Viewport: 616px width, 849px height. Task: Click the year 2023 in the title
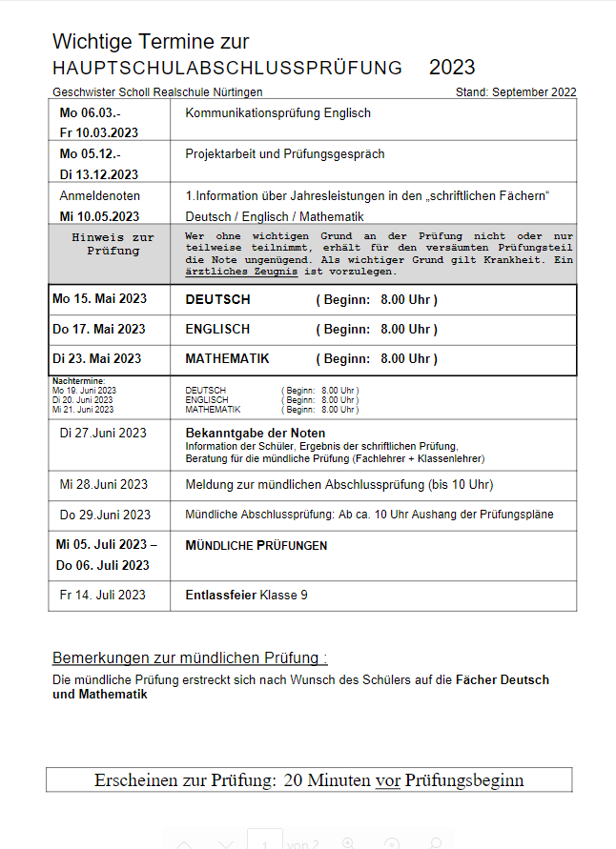pyautogui.click(x=452, y=68)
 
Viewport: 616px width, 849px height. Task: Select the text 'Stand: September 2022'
pyautogui.click(x=516, y=92)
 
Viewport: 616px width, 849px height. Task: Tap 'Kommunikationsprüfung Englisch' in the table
pyautogui.click(x=277, y=113)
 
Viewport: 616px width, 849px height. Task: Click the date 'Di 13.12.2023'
pyautogui.click(x=99, y=174)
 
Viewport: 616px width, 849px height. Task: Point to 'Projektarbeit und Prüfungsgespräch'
pyautogui.click(x=285, y=154)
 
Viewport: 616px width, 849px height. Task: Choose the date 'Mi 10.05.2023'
pyautogui.click(x=99, y=216)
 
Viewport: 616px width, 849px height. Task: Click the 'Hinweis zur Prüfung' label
pyautogui.click(x=113, y=244)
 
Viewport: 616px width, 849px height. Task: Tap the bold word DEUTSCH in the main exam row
pyautogui.click(x=217, y=300)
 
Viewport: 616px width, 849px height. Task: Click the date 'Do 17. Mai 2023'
pyautogui.click(x=99, y=330)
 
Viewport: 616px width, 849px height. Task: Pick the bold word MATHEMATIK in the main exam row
pyautogui.click(x=227, y=359)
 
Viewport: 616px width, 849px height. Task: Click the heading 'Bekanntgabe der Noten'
pyautogui.click(x=255, y=433)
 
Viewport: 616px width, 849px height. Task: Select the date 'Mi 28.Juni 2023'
pyautogui.click(x=104, y=484)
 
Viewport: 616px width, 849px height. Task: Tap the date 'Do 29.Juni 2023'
pyautogui.click(x=105, y=515)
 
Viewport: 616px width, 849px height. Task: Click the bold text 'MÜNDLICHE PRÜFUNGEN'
pyautogui.click(x=256, y=546)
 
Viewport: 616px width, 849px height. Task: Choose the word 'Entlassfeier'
pyautogui.click(x=220, y=596)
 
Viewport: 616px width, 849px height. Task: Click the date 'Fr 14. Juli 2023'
pyautogui.click(x=102, y=596)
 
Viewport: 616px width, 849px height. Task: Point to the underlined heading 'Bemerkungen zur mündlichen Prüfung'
pyautogui.click(x=189, y=658)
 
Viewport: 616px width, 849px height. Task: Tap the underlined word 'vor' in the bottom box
pyautogui.click(x=387, y=780)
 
